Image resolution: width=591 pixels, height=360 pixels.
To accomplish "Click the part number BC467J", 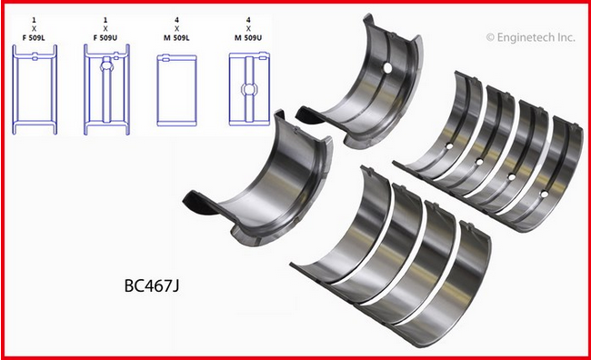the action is pyautogui.click(x=152, y=285).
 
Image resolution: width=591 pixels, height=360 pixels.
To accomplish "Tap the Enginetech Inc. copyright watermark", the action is pyautogui.click(x=531, y=37).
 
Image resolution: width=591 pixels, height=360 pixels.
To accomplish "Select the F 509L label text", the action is pyautogui.click(x=35, y=37).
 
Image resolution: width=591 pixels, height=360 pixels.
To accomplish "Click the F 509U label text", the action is pyautogui.click(x=105, y=37).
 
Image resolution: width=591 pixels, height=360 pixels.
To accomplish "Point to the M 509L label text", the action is pyautogui.click(x=176, y=37).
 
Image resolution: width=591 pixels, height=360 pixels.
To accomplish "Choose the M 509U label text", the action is pyautogui.click(x=248, y=37).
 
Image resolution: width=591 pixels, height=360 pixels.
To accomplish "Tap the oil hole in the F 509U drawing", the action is pyautogui.click(x=106, y=65).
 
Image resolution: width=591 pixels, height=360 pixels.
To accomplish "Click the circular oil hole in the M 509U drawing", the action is pyautogui.click(x=249, y=90).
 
